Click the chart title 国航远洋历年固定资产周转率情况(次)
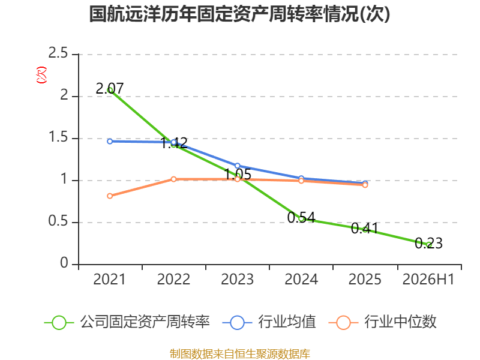(239, 14)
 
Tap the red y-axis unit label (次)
(41, 74)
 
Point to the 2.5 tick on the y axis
(58, 53)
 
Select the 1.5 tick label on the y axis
(58, 137)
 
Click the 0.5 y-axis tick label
(58, 221)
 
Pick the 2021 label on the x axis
(109, 279)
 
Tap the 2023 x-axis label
(237, 279)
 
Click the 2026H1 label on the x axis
(428, 279)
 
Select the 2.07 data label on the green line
(110, 89)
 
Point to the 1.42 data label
(174, 143)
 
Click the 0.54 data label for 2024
(301, 217)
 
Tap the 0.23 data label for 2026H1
(428, 244)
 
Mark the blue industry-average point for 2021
(110, 142)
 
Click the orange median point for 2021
(110, 196)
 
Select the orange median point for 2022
(173, 179)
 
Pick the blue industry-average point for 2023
(237, 166)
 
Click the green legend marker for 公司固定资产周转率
(59, 323)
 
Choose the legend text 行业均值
(287, 322)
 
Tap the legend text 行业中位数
(400, 322)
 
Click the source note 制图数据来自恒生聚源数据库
(239, 354)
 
